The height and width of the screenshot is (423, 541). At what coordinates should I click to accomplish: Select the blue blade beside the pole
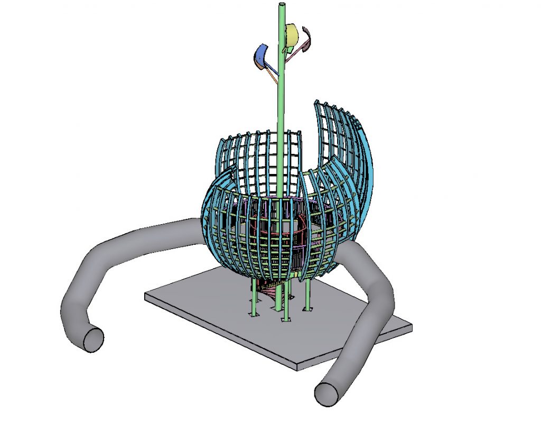pyautogui.click(x=260, y=56)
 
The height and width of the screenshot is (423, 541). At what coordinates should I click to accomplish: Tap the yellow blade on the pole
pyautogui.click(x=292, y=35)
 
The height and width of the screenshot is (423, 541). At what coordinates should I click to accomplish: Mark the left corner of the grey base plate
pyautogui.click(x=146, y=297)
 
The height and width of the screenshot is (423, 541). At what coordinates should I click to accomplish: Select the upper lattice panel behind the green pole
pyautogui.click(x=259, y=159)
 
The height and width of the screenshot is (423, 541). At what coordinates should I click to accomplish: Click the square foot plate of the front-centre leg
pyautogui.click(x=286, y=320)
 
